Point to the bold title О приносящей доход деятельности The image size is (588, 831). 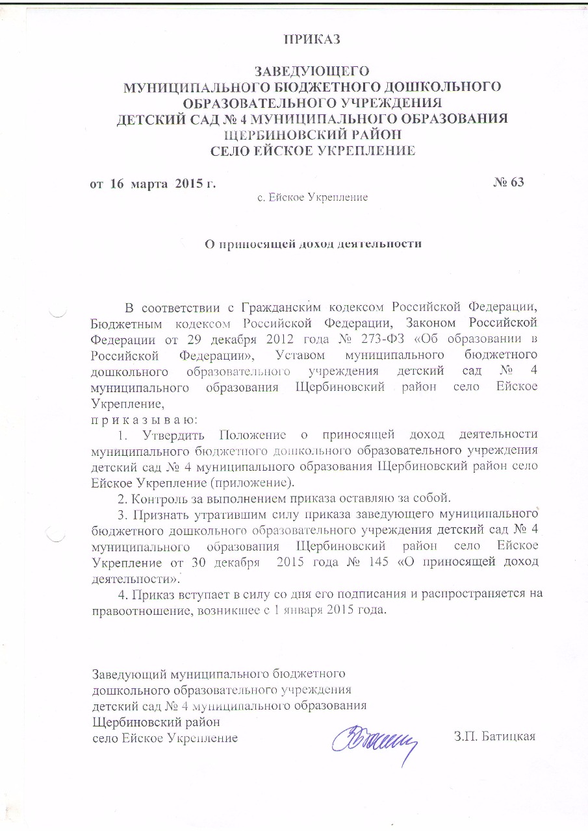pyautogui.click(x=313, y=244)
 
